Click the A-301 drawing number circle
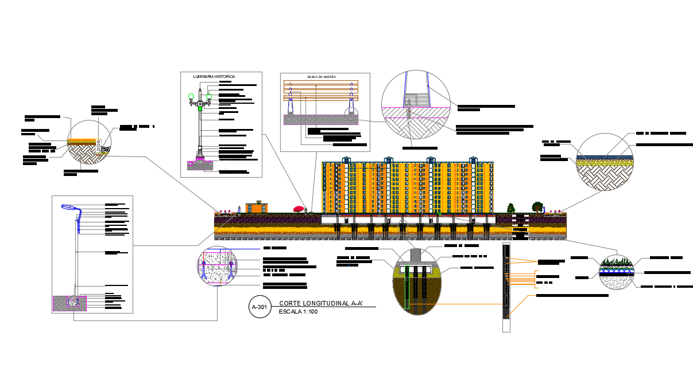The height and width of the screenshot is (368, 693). pyautogui.click(x=260, y=307)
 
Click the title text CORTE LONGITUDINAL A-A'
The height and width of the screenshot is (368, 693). pyautogui.click(x=321, y=303)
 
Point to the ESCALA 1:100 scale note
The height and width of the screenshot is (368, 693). pyautogui.click(x=298, y=312)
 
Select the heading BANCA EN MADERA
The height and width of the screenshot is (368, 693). pyautogui.click(x=322, y=76)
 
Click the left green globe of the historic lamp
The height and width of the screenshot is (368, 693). pyautogui.click(x=191, y=96)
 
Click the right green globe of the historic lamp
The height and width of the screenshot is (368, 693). pyautogui.click(x=209, y=96)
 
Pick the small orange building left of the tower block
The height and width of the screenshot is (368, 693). pyautogui.click(x=257, y=207)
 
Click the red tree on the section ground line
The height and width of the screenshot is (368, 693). pyautogui.click(x=299, y=209)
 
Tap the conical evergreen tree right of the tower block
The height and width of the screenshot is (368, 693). pyautogui.click(x=510, y=208)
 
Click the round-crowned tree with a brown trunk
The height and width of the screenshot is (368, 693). pyautogui.click(x=538, y=206)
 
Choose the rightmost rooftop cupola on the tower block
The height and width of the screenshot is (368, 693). pyautogui.click(x=473, y=160)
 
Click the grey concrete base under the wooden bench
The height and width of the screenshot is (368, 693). pyautogui.click(x=321, y=120)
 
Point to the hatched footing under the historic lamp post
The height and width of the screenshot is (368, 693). pyautogui.click(x=200, y=166)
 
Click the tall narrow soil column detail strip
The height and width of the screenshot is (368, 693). pyautogui.click(x=506, y=287)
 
